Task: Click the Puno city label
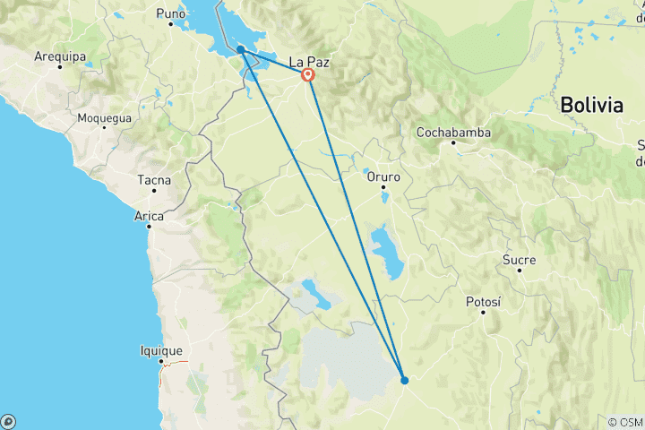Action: (x=170, y=13)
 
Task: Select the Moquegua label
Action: (x=105, y=118)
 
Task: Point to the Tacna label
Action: (x=153, y=180)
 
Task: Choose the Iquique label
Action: (x=161, y=351)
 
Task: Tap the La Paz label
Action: (x=309, y=63)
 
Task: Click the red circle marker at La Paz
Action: (x=308, y=75)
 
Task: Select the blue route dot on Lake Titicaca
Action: (x=242, y=50)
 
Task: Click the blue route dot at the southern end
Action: (x=405, y=380)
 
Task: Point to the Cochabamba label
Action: (x=453, y=133)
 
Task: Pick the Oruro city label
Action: (x=383, y=176)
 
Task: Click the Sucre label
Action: (x=520, y=260)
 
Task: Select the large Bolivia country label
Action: (x=591, y=105)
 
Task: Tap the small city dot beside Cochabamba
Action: (x=453, y=142)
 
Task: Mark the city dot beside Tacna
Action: (x=154, y=190)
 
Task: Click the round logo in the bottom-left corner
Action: (x=8, y=421)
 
